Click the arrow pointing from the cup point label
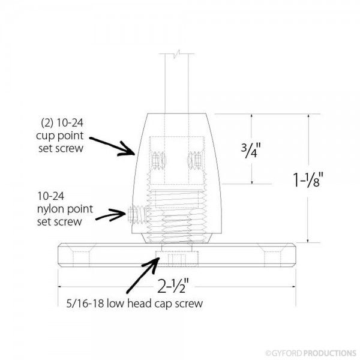coord(114,145)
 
